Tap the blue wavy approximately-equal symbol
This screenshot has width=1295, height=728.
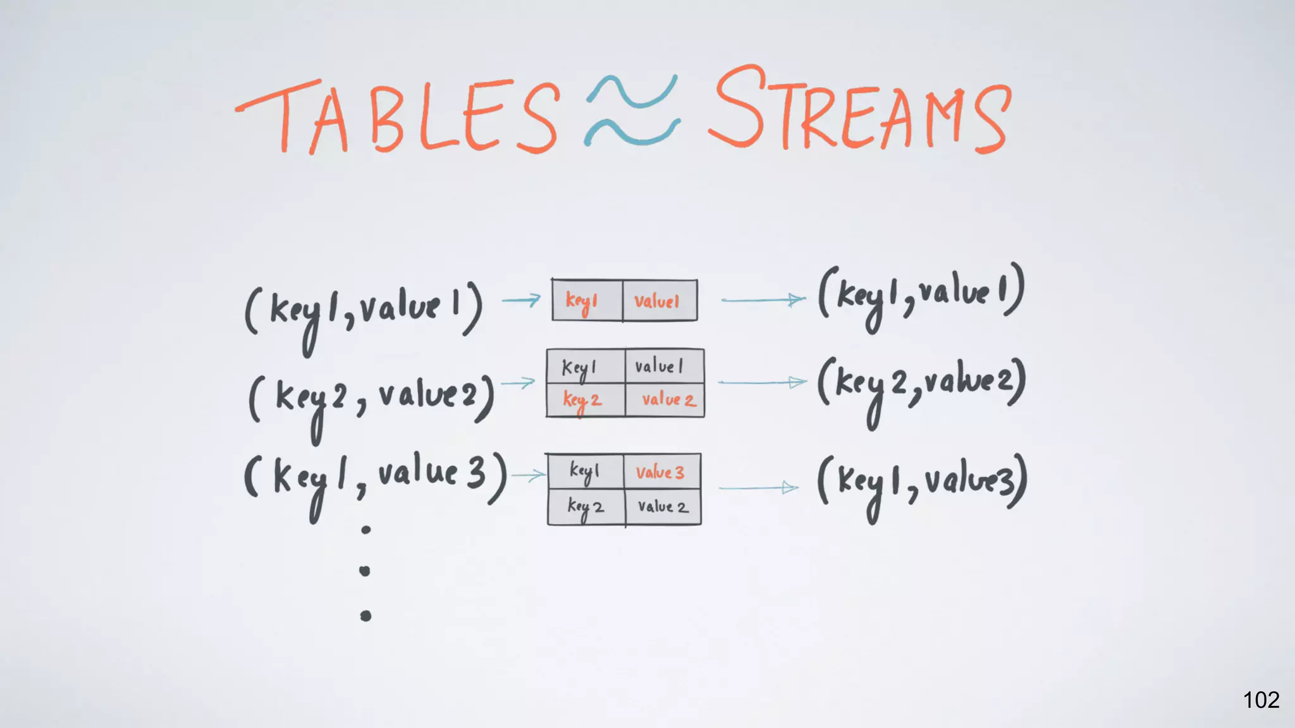point(632,111)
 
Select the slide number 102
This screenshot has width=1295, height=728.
point(1261,700)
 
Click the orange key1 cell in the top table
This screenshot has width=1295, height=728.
point(586,301)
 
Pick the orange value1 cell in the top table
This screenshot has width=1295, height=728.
point(659,301)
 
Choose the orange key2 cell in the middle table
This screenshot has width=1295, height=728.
point(585,400)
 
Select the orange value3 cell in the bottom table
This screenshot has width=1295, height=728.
point(661,472)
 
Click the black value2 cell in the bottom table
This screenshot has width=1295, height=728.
point(663,507)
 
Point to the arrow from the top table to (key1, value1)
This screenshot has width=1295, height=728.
point(763,300)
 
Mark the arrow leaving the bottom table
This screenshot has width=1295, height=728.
point(759,488)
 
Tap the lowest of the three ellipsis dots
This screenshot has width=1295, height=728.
point(365,616)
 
